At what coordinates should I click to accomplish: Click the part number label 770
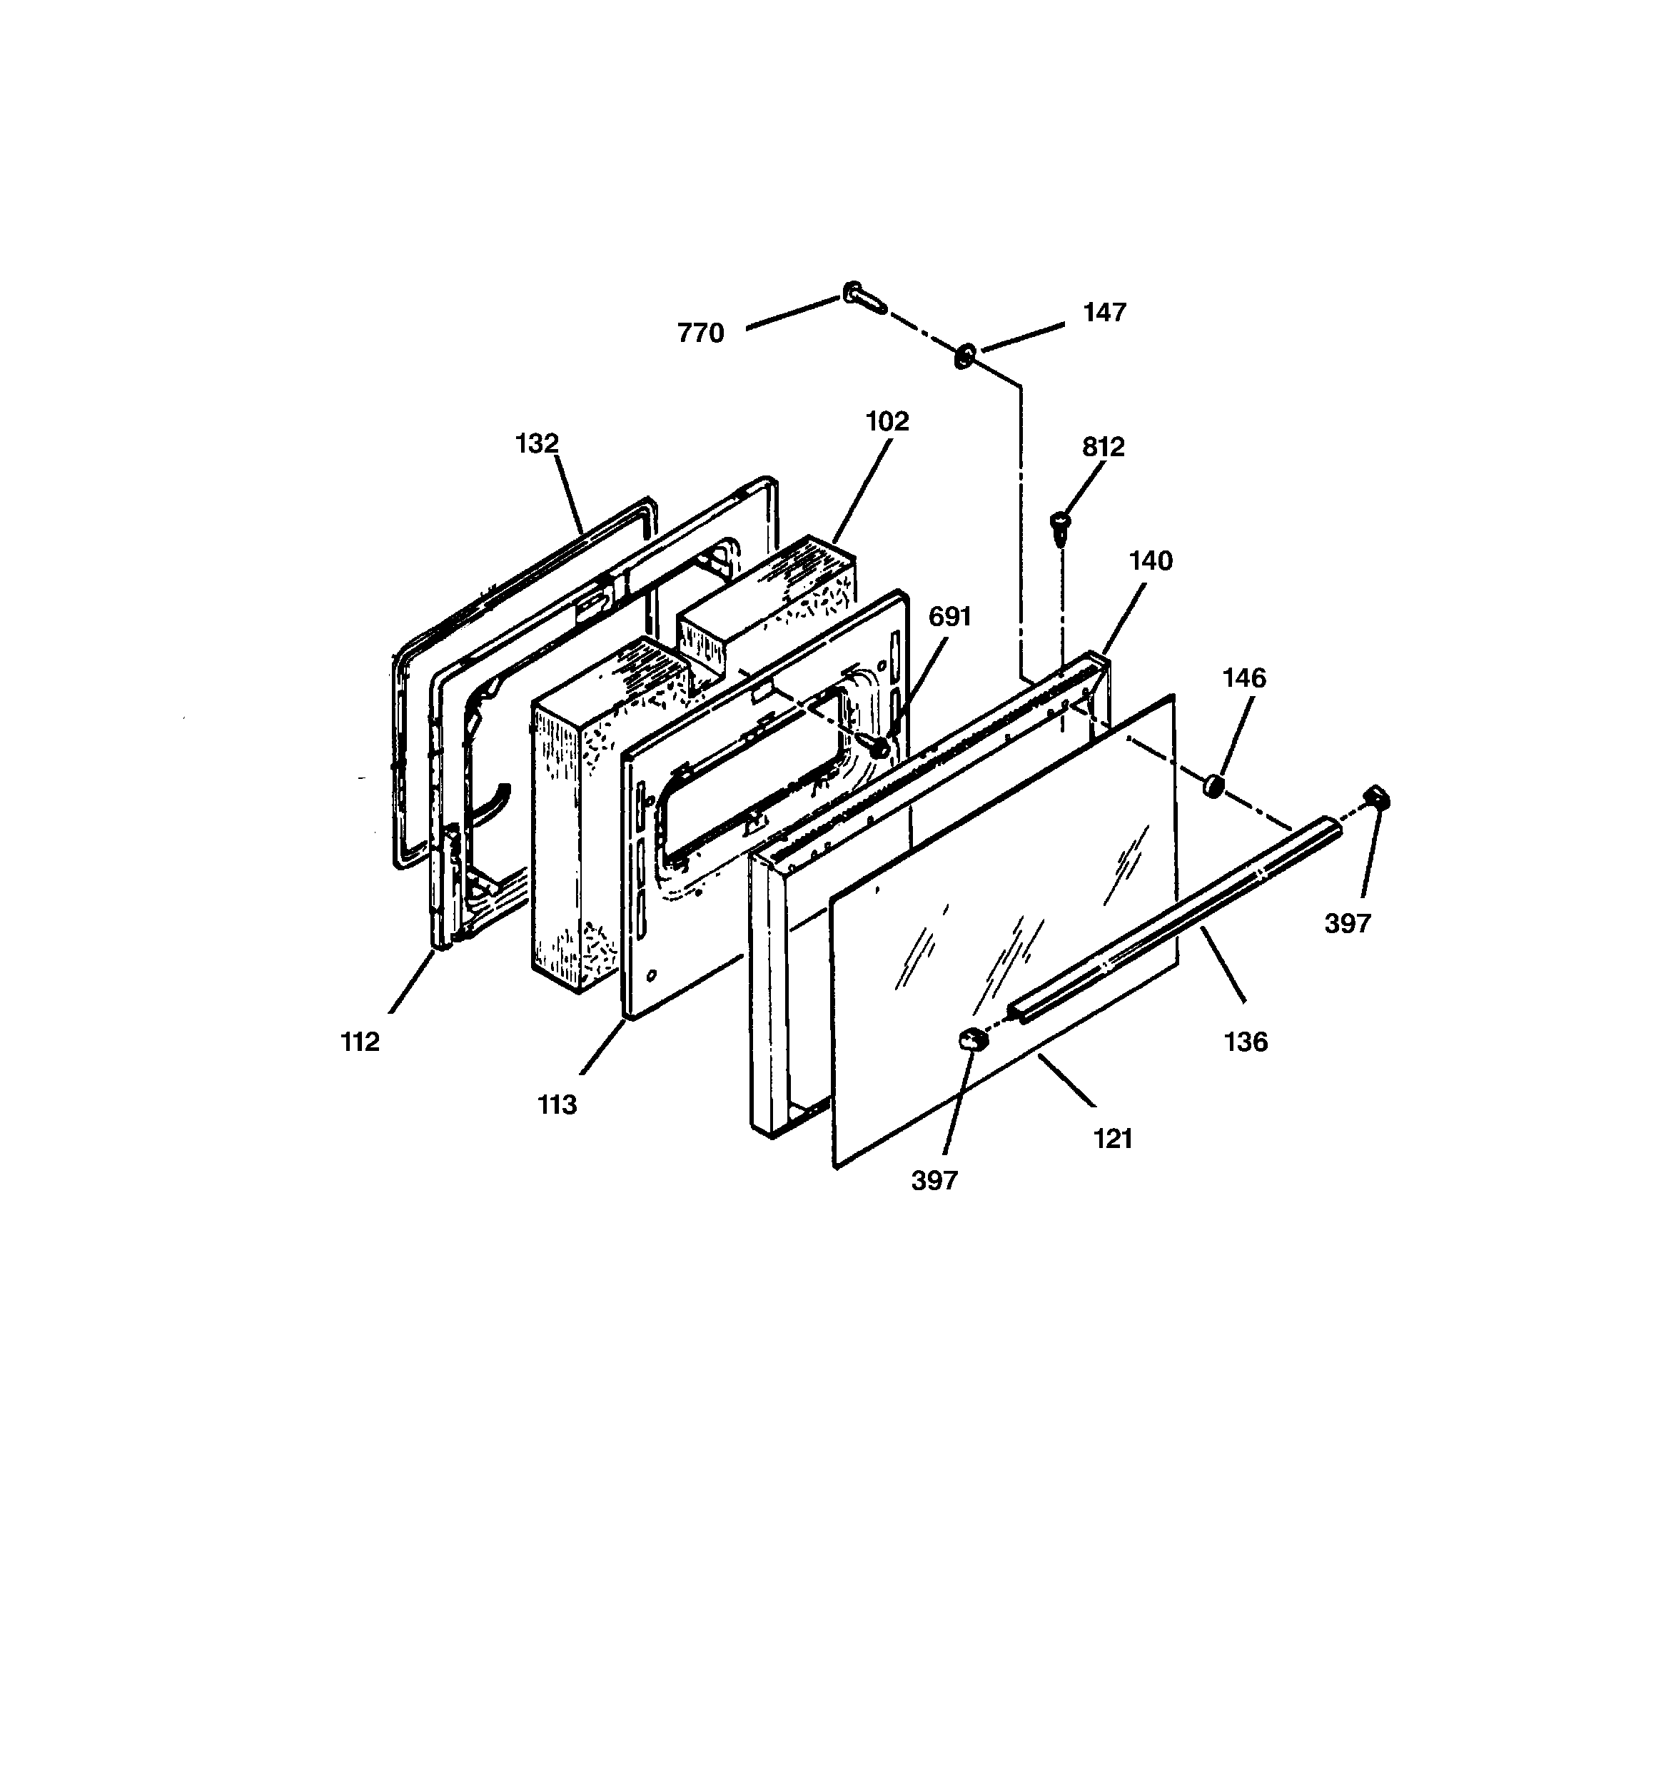tap(700, 333)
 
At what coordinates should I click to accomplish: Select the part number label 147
tap(1104, 313)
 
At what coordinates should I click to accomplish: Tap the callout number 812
tap(1103, 447)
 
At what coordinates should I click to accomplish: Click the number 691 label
tap(950, 617)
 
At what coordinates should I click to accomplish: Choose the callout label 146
tap(1243, 678)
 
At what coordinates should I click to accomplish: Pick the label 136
tap(1246, 1042)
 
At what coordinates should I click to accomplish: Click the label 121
tap(1113, 1139)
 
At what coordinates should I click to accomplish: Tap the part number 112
tap(360, 1042)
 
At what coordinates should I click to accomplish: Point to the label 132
tap(537, 443)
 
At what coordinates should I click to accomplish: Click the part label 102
tap(887, 421)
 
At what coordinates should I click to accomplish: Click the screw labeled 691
tap(879, 747)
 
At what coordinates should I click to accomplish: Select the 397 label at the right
tap(1348, 924)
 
